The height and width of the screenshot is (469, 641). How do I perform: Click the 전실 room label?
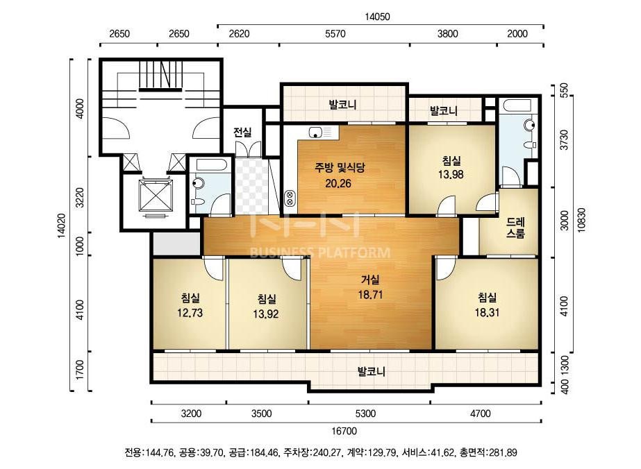[x=242, y=132]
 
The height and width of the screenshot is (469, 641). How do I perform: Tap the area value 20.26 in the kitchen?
[x=338, y=183]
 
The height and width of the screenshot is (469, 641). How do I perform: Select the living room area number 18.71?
[x=370, y=295]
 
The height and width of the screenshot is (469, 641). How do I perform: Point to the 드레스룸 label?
[x=515, y=228]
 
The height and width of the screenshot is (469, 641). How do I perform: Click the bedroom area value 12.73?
[x=190, y=313]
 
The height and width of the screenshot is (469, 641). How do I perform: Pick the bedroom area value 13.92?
[x=266, y=314]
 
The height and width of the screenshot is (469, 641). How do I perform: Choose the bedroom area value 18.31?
[x=487, y=312]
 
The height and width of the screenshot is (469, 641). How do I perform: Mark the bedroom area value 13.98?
[x=451, y=174]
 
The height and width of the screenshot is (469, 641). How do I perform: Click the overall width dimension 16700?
[x=344, y=431]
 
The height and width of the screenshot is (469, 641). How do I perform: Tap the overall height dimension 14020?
[x=61, y=225]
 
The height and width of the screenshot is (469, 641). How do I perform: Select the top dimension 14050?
[x=377, y=17]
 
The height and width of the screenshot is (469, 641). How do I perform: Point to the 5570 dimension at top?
[x=335, y=33]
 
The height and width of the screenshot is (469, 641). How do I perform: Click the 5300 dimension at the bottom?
[x=365, y=413]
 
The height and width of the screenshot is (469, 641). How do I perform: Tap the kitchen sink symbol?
[x=315, y=133]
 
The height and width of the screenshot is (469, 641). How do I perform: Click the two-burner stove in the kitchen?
[x=290, y=198]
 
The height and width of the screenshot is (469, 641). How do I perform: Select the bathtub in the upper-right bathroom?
[x=517, y=106]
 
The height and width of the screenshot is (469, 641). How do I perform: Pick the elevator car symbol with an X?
[x=156, y=196]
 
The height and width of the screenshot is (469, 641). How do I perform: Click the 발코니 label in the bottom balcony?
[x=371, y=372]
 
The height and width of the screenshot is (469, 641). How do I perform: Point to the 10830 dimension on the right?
[x=581, y=221]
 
